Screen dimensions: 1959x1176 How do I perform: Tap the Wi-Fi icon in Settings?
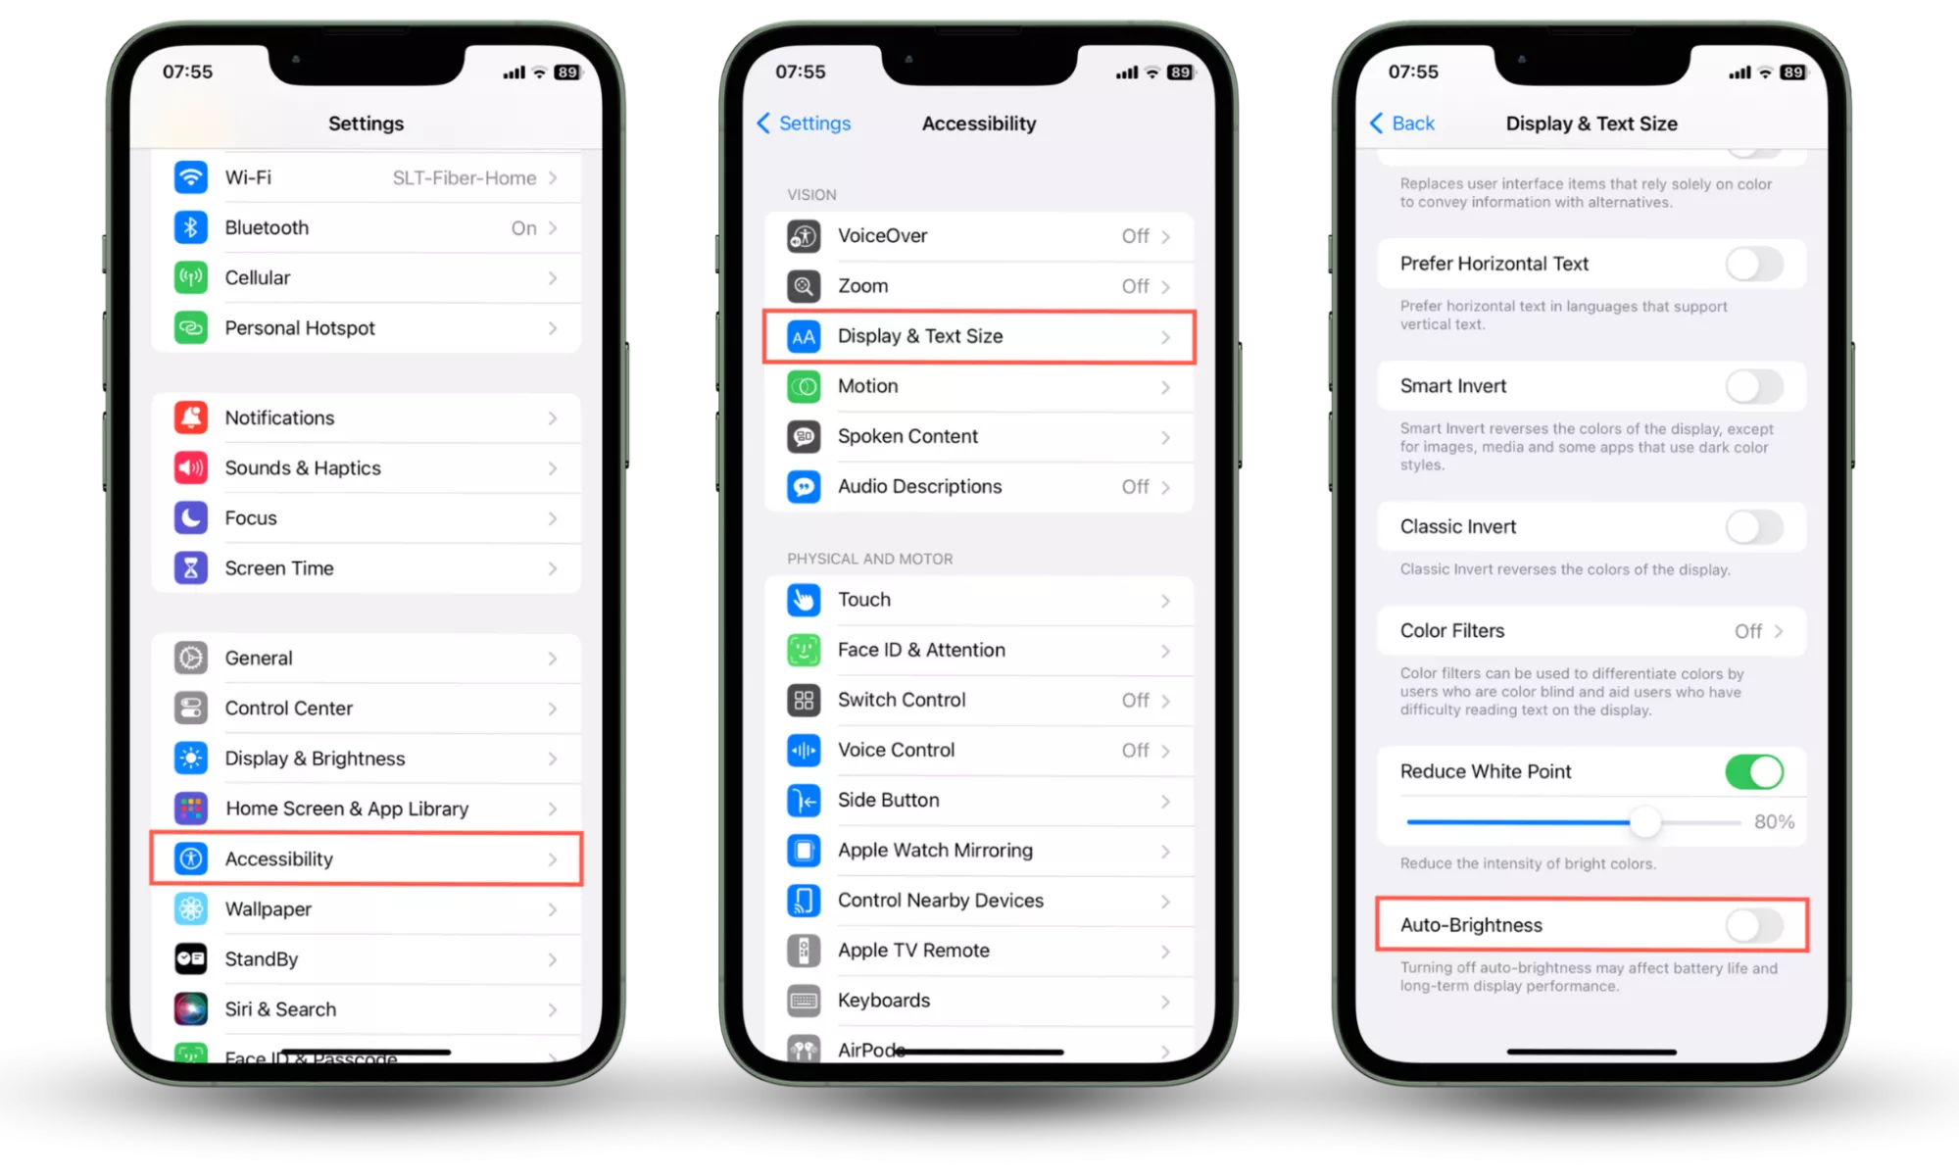(x=191, y=177)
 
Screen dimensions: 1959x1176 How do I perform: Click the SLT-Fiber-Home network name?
(x=465, y=177)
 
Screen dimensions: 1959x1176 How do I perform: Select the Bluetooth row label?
(x=267, y=227)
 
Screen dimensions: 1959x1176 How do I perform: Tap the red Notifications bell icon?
(x=191, y=417)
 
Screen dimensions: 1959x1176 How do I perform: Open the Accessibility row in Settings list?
(x=366, y=858)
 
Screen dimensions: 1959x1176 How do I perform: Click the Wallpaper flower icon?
(x=191, y=908)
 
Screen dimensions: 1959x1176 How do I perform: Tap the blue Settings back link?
(x=804, y=123)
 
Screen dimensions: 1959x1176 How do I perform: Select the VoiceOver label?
(x=882, y=235)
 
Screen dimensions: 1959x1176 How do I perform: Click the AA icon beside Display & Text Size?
(x=804, y=336)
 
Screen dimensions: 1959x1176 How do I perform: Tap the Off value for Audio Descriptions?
(x=1135, y=486)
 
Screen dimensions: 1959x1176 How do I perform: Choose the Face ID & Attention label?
(x=921, y=650)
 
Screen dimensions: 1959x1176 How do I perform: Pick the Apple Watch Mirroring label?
(x=935, y=850)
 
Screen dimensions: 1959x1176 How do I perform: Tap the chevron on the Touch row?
(x=1165, y=600)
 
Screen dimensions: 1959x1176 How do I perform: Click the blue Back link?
(x=1401, y=123)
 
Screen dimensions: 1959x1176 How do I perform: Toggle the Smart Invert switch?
(x=1754, y=386)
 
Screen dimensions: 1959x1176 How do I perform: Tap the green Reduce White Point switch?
(x=1754, y=772)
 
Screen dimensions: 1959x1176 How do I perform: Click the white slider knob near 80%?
(x=1645, y=822)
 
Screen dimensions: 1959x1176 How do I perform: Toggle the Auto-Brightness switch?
(x=1754, y=925)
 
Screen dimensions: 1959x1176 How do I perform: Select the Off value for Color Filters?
(x=1748, y=631)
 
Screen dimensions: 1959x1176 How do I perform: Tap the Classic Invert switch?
(x=1754, y=527)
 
